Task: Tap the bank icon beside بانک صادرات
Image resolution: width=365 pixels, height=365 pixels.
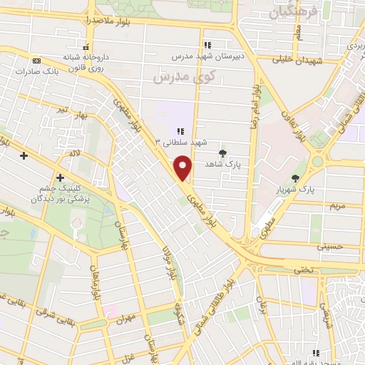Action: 37,61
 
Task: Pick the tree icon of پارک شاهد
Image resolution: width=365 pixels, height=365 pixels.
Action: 222,153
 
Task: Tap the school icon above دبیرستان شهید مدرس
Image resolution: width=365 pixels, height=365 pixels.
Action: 207,45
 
